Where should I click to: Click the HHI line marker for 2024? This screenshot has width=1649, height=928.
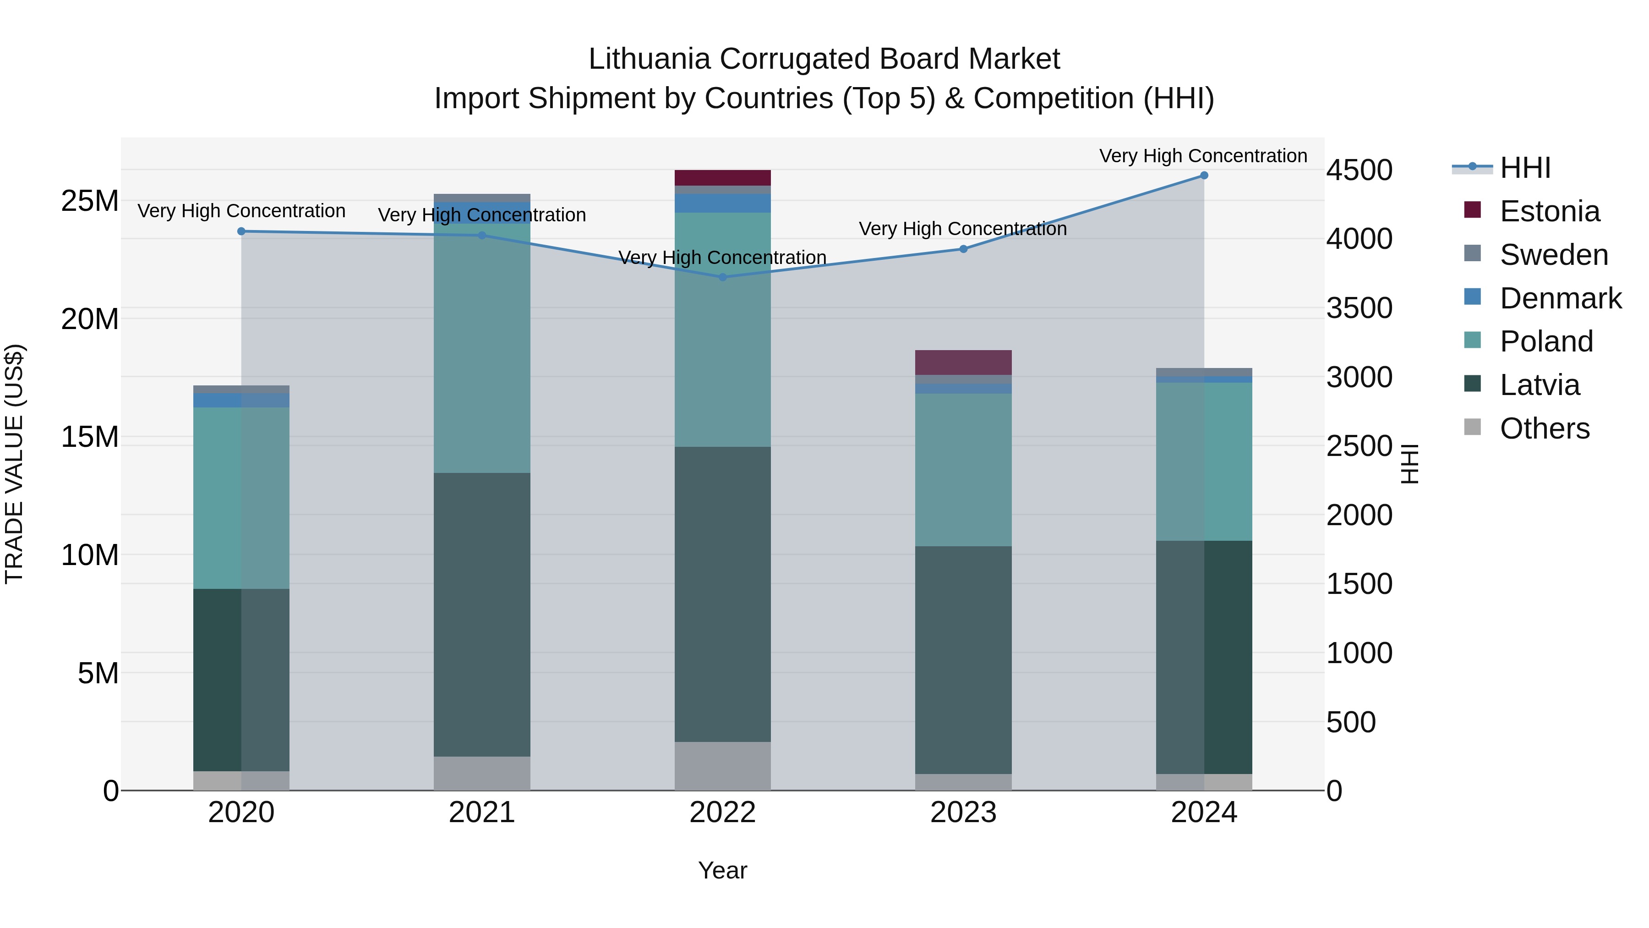pos(1203,176)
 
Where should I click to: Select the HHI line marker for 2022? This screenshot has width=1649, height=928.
pos(723,277)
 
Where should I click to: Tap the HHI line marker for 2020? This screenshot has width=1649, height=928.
pos(241,231)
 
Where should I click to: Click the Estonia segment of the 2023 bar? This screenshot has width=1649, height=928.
pos(963,362)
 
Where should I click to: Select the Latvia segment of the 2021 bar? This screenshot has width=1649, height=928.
pos(482,615)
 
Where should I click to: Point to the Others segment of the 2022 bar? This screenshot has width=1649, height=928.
pos(723,766)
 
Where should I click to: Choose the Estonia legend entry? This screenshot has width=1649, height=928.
pos(1549,211)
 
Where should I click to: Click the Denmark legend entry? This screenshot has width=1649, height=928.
pos(1560,298)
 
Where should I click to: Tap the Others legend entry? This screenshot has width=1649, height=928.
pos(1544,428)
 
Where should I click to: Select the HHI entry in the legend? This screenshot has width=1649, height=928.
pos(1525,168)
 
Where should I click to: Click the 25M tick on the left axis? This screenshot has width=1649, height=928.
pos(90,201)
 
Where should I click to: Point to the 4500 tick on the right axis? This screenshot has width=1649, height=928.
pos(1359,170)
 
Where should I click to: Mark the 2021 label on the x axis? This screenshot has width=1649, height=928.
pos(482,813)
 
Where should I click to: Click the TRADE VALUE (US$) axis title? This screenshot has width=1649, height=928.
pos(14,464)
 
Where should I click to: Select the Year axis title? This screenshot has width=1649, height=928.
pos(723,870)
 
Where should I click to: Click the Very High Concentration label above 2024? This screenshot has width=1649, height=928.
pos(1203,156)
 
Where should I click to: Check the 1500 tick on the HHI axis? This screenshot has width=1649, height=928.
pos(1359,584)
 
